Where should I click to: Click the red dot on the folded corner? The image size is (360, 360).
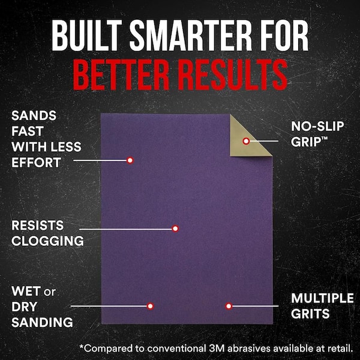point(246,141)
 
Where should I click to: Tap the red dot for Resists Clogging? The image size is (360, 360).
point(175,229)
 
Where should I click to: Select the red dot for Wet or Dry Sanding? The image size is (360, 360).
point(150,306)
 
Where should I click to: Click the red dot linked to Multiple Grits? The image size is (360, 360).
point(229,306)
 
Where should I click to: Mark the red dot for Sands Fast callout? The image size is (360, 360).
point(130,160)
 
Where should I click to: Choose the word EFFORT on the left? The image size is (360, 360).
point(35,162)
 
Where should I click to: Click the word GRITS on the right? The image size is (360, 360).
point(311,314)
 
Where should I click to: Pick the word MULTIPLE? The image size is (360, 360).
point(322,298)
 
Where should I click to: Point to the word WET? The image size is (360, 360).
point(26,292)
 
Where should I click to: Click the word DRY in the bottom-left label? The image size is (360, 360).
point(25,307)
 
